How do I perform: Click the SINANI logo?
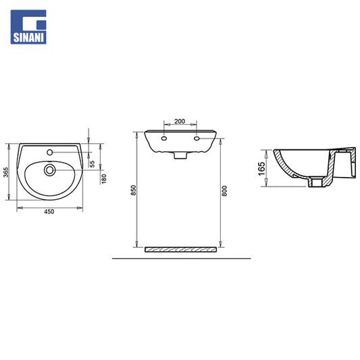pos(28,27)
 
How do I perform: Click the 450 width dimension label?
pos(49,211)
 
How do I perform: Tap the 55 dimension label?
pos(92,163)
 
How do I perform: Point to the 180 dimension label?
pos(104,179)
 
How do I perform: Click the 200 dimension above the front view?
pos(180,121)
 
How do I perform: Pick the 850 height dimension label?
pos(133,190)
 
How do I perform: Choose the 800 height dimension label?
pos(224,190)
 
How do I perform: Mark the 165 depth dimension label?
pos(261,169)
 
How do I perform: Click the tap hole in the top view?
pos(49,152)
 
